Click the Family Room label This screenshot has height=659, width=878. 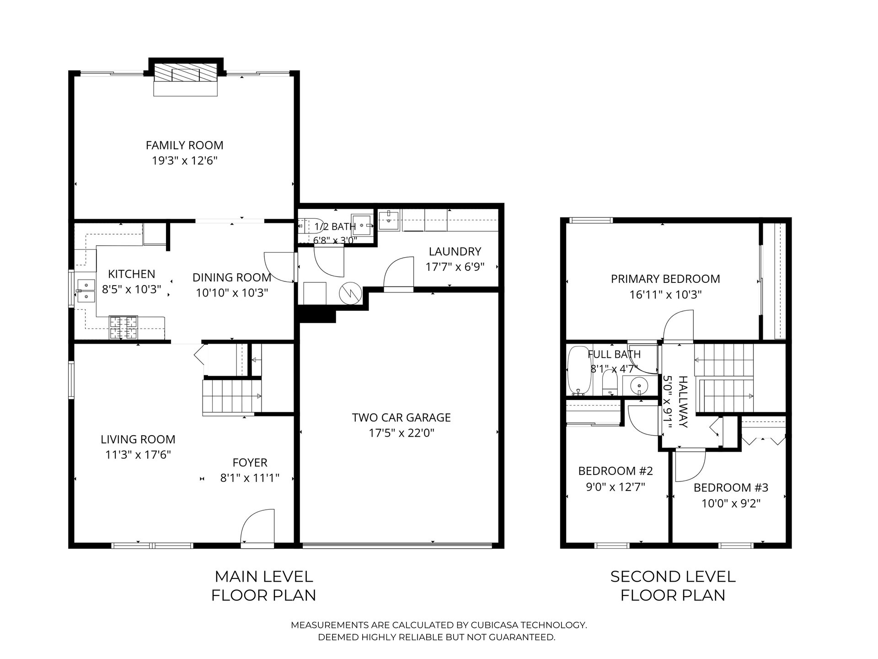click(x=185, y=146)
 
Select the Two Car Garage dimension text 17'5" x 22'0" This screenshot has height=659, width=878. click(x=402, y=433)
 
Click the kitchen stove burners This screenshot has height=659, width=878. click(x=123, y=328)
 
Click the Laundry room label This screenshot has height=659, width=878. click(x=455, y=252)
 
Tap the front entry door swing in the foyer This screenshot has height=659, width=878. click(x=258, y=526)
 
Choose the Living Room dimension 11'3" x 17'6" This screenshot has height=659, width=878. click(x=138, y=455)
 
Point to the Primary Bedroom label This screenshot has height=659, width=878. click(x=665, y=279)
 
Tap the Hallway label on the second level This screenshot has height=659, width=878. click(x=683, y=402)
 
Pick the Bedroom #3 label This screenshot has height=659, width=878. click(x=731, y=488)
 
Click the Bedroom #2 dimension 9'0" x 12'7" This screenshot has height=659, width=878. click(x=616, y=486)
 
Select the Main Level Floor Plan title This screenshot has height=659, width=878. click(x=264, y=586)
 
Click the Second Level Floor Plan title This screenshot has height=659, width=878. click(x=673, y=586)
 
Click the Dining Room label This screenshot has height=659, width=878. click(x=232, y=278)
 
